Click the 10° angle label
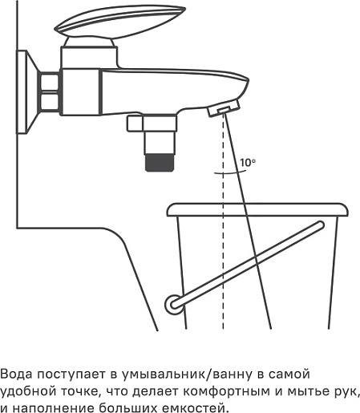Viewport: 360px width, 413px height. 248,163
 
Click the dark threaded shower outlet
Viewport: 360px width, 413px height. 160,163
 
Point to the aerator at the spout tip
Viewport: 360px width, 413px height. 224,107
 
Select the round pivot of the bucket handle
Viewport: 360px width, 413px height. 174,304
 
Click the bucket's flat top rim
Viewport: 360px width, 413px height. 257,210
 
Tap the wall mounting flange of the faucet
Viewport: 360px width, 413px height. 27,91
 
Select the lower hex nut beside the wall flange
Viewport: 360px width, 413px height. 50,101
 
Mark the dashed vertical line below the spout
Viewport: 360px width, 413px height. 223,222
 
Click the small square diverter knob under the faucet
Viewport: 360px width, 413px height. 135,123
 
